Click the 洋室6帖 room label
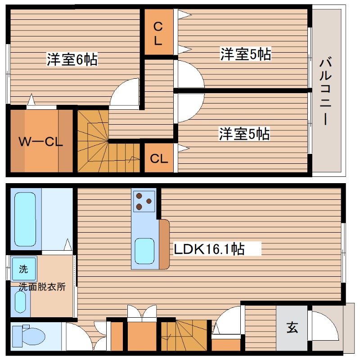(72, 60)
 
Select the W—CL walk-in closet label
(40, 142)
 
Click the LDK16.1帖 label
(210, 249)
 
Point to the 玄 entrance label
(292, 328)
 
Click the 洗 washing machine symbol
(23, 269)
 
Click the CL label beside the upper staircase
(159, 158)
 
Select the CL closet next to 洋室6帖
(158, 33)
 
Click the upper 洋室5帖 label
(245, 54)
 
